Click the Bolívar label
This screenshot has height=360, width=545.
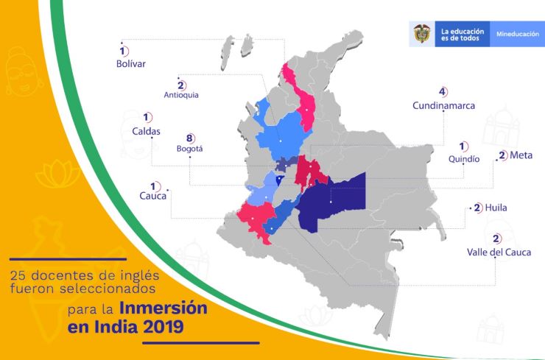coord(131,64)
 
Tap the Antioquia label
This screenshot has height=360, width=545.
coord(181,95)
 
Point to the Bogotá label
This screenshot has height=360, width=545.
coord(189,149)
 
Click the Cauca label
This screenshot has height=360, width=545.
coord(152,196)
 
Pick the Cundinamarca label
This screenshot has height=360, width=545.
coord(443,105)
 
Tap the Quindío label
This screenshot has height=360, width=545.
coord(464,158)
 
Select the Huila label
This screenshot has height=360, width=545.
coord(495,208)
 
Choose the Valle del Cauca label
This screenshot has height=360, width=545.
coord(499,253)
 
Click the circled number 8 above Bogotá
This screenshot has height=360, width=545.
coord(189,138)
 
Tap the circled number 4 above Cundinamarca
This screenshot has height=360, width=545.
coord(443,92)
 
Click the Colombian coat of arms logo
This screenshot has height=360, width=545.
coord(422,35)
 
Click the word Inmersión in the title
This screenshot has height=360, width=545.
coord(161,308)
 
